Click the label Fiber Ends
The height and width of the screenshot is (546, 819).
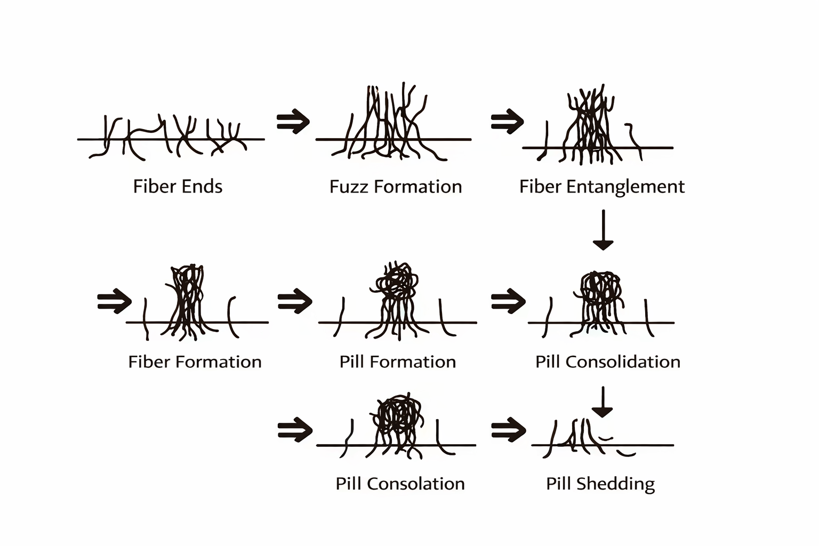tap(178, 187)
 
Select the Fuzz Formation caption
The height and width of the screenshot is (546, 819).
tap(395, 187)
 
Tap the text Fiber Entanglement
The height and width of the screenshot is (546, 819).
tap(601, 187)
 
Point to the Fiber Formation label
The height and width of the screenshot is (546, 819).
tap(195, 362)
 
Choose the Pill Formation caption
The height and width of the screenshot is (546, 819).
tap(397, 362)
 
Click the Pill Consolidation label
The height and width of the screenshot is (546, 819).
tap(607, 362)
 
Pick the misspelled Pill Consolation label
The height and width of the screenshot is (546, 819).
tap(400, 484)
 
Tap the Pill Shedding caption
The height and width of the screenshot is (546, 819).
tap(600, 484)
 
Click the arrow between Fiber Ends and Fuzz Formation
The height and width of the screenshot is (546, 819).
tap(293, 122)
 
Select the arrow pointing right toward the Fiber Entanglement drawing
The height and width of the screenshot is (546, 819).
tap(507, 122)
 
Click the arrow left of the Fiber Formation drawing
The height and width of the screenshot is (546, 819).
tap(114, 301)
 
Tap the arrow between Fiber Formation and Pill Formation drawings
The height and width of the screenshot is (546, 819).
tap(294, 301)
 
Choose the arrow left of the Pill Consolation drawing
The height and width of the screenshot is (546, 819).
tap(295, 429)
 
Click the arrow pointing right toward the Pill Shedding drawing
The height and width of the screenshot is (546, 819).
tap(508, 429)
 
